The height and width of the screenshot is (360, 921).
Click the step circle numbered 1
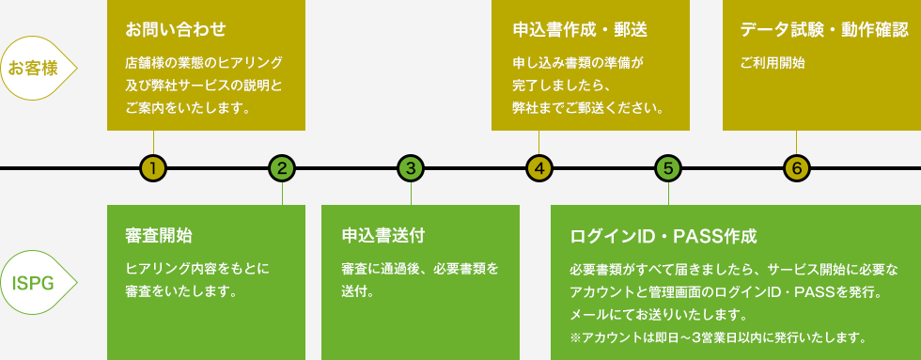153,169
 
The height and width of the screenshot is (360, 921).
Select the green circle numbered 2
282,169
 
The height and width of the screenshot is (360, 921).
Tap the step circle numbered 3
411,169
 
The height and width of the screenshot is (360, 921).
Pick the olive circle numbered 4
539,169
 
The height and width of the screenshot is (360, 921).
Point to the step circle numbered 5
667,169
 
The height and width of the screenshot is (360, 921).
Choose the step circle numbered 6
796,169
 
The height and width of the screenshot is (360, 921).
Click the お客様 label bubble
36,68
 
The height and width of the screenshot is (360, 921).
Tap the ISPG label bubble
36,282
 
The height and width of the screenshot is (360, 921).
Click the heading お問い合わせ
176,29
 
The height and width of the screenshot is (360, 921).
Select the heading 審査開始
159,234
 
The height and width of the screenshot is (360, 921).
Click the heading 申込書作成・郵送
580,29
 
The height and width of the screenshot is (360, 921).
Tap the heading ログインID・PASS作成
663,235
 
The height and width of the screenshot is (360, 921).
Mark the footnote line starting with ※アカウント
717,336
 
